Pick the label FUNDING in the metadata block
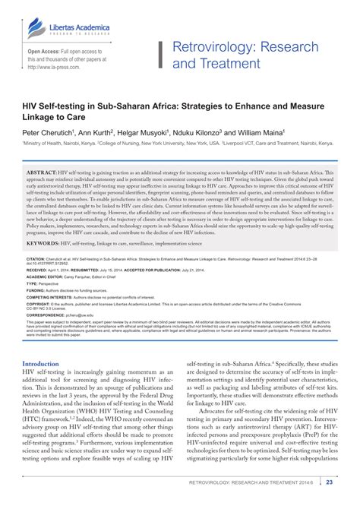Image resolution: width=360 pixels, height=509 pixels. tap(35, 290)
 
